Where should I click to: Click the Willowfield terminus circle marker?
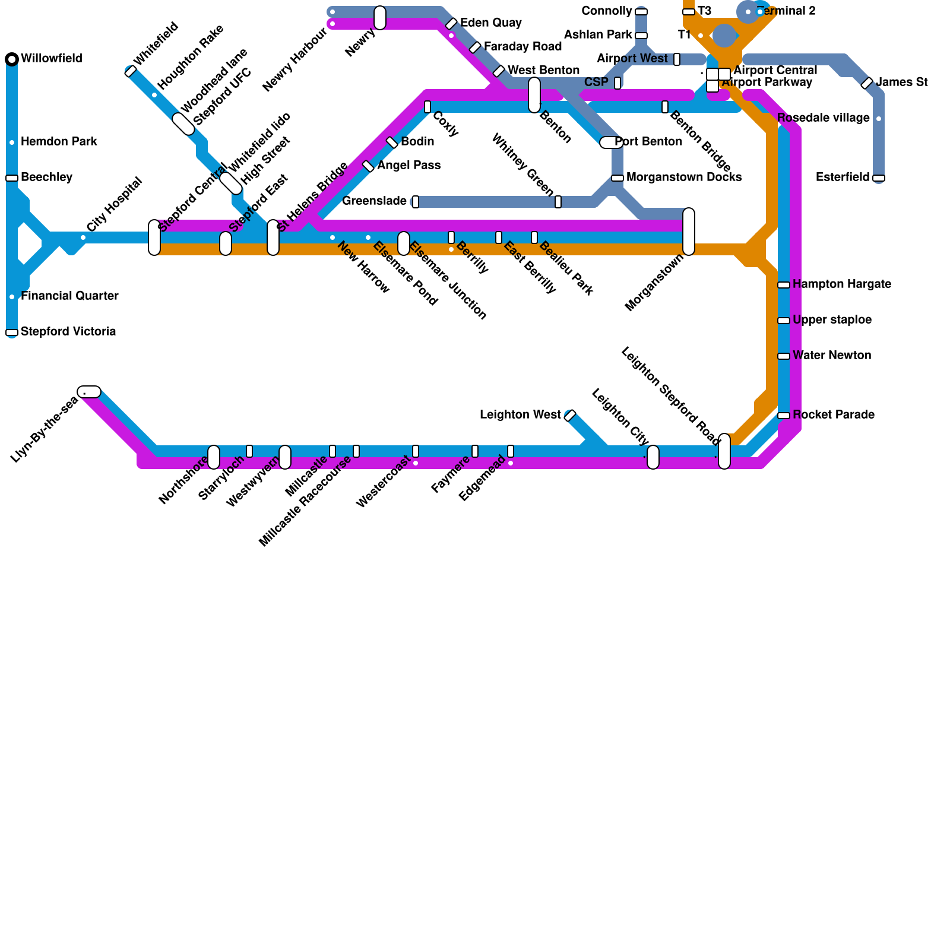tap(12, 59)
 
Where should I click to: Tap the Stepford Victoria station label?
tap(68, 332)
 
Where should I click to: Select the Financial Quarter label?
tap(69, 296)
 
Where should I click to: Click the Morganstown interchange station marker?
tap(689, 232)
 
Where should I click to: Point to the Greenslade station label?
tap(375, 201)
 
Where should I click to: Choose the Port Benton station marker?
tap(610, 142)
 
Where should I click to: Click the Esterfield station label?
tap(843, 178)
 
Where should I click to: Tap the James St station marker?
tap(867, 83)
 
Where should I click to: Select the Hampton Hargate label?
tap(841, 284)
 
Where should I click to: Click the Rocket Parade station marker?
tap(784, 416)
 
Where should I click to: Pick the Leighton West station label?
tap(520, 415)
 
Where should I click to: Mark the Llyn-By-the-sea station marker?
tap(89, 392)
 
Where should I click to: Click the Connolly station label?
tap(607, 11)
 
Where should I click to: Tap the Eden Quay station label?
tap(491, 23)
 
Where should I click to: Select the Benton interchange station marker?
tap(534, 95)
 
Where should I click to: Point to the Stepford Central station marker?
tap(154, 237)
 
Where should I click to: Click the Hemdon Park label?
tap(59, 142)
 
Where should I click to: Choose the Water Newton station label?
tap(832, 356)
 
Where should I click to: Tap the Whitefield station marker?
tap(131, 71)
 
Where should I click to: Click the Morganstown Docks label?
tap(684, 178)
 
